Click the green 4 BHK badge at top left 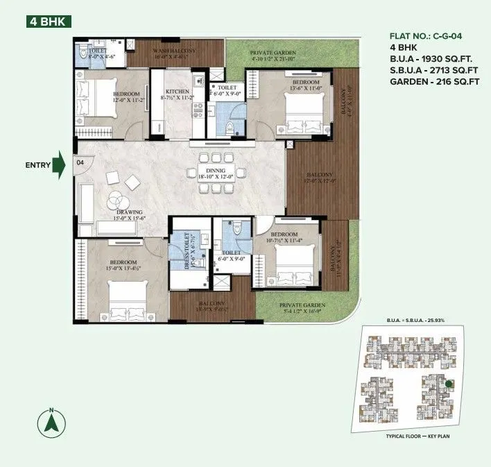coord(47,22)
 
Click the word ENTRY coord(37,165)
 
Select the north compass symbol coord(50,422)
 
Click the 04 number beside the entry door coord(80,162)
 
